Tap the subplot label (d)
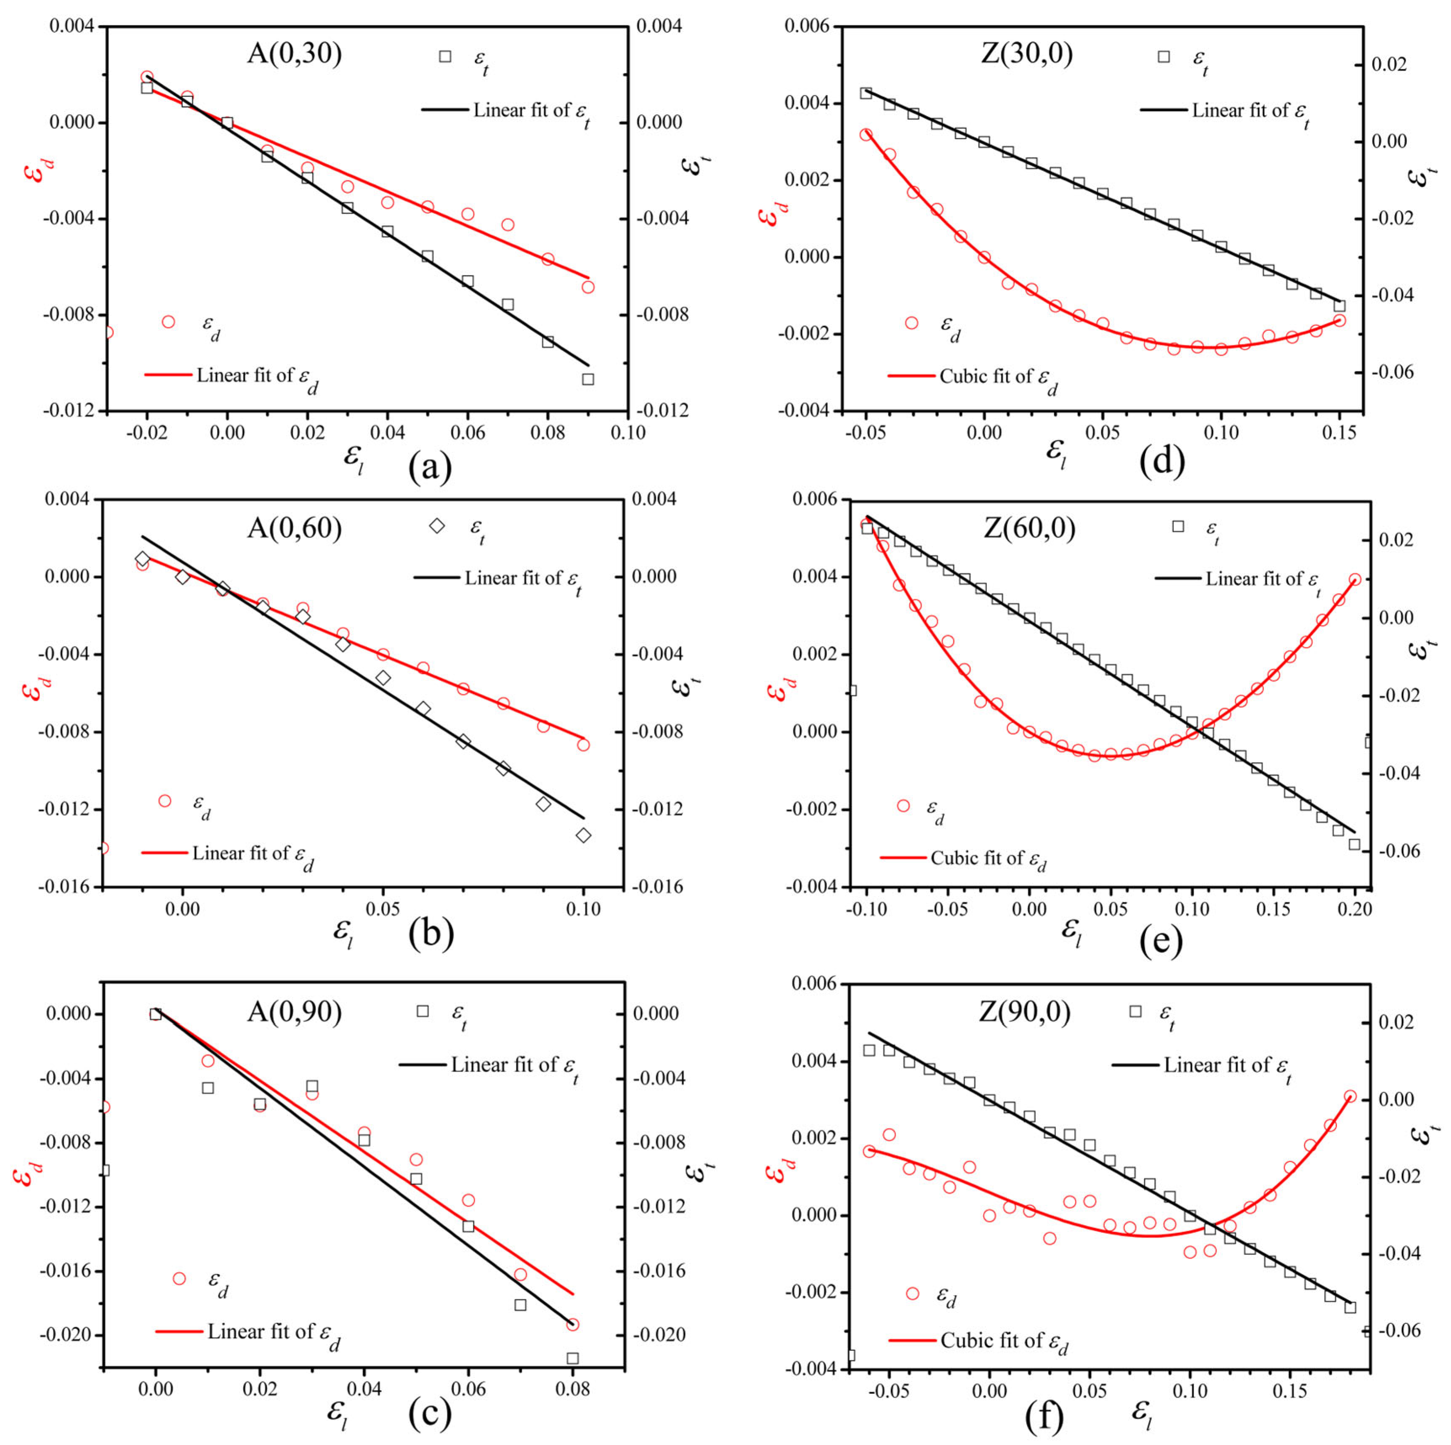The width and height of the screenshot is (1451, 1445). point(1162,461)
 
